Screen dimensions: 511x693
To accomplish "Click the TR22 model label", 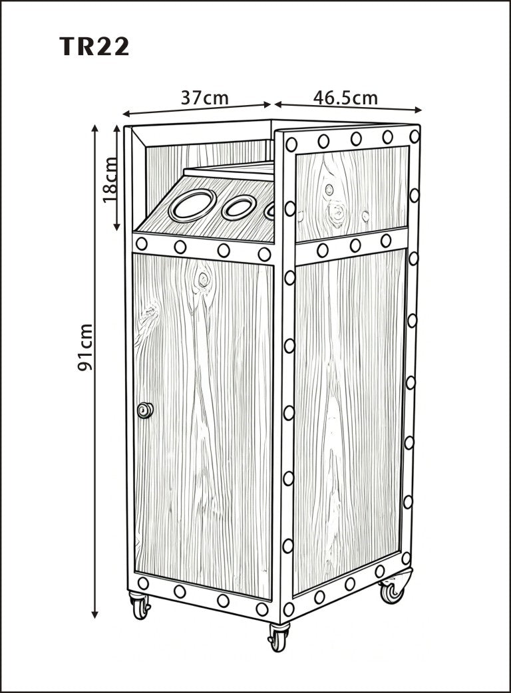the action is [94, 47].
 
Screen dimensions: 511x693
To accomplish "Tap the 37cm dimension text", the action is [205, 98].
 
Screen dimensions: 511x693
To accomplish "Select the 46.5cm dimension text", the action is [345, 98].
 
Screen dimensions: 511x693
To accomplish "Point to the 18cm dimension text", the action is [110, 180].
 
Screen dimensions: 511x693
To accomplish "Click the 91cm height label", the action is [85, 347].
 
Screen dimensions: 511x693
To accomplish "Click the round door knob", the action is [144, 410].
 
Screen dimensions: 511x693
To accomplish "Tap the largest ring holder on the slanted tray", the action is [192, 205].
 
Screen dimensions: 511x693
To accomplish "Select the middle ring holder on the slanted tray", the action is [239, 208].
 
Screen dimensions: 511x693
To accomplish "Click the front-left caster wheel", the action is [140, 605].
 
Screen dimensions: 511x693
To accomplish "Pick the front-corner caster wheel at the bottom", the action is [279, 636].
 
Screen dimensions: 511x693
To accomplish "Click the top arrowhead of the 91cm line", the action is [94, 128].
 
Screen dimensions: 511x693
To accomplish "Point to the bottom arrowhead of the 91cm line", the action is [94, 614].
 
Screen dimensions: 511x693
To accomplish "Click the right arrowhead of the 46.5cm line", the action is [418, 110].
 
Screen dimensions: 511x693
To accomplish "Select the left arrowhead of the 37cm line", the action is [126, 114].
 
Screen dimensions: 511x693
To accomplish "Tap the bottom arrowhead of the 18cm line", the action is [116, 227].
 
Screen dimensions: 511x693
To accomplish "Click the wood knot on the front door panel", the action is [203, 279].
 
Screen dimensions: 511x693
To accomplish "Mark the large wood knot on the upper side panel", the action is [337, 213].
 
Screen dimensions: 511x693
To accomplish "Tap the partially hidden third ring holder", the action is [269, 211].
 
